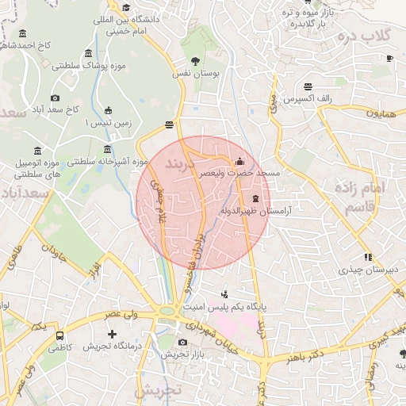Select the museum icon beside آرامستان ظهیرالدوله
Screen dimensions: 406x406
pyautogui.click(x=256, y=198)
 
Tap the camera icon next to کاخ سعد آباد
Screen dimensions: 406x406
pyautogui.click(x=55, y=98)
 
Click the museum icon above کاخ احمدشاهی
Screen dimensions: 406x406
pyautogui.click(x=21, y=33)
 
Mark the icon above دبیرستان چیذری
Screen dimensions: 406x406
pyautogui.click(x=367, y=257)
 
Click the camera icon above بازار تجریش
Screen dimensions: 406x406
pyautogui.click(x=183, y=342)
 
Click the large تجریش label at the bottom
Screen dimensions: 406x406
pyautogui.click(x=159, y=391)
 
